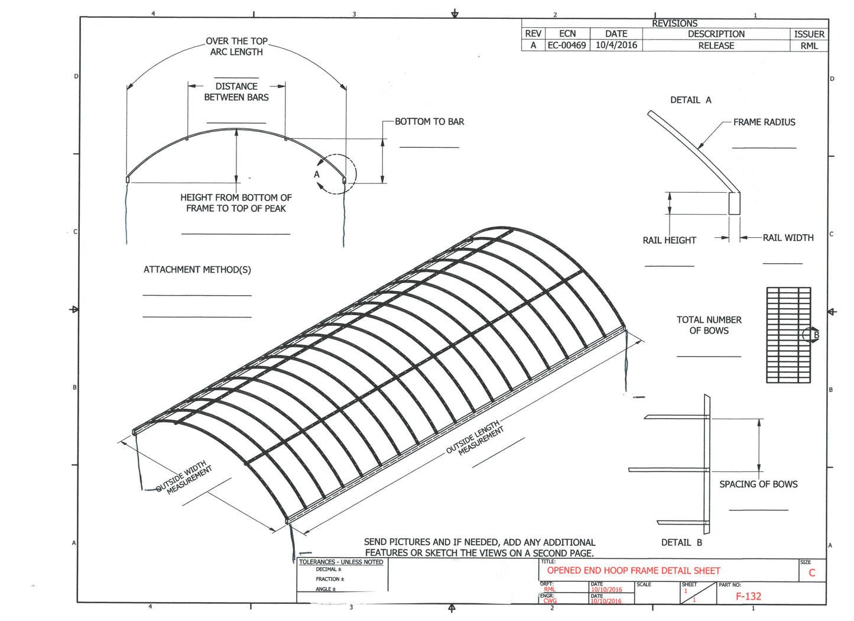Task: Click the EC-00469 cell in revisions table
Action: pyautogui.click(x=567, y=46)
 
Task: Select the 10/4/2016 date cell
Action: pyautogui.click(x=616, y=46)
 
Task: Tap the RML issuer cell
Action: pyautogui.click(x=809, y=46)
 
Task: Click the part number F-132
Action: pyautogui.click(x=748, y=596)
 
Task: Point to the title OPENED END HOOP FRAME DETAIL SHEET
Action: pyautogui.click(x=634, y=571)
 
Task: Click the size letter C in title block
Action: pyautogui.click(x=812, y=573)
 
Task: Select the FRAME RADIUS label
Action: pyautogui.click(x=764, y=122)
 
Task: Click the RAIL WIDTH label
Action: pyautogui.click(x=788, y=238)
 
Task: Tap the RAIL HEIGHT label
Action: pyautogui.click(x=669, y=240)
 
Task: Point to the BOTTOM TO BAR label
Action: pyautogui.click(x=430, y=122)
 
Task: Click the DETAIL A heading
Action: pyautogui.click(x=690, y=101)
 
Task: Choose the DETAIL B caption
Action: pyautogui.click(x=681, y=542)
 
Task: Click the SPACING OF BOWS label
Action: pyautogui.click(x=758, y=484)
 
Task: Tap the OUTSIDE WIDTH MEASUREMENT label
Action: pyautogui.click(x=184, y=477)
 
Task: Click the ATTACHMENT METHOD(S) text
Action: pyautogui.click(x=197, y=270)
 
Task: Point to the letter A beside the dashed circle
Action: pyautogui.click(x=317, y=174)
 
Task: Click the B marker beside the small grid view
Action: pyautogui.click(x=816, y=335)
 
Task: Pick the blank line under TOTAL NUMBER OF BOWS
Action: pyautogui.click(x=709, y=357)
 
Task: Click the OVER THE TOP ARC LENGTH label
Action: pyautogui.click(x=236, y=47)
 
